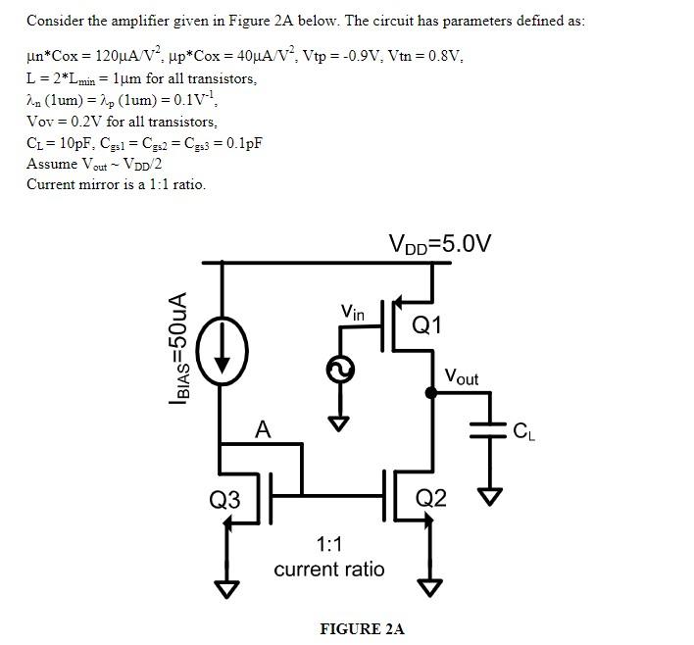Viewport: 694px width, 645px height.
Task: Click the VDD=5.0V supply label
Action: [439, 242]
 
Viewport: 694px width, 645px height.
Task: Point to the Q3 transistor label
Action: [224, 500]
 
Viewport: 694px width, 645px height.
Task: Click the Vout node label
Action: [462, 375]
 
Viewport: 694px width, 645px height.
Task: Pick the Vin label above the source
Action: [353, 313]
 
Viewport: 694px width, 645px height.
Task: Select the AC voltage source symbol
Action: [340, 369]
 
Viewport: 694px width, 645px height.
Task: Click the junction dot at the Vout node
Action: [429, 393]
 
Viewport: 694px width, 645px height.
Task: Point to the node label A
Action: [262, 427]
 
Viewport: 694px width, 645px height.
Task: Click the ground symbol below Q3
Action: [226, 588]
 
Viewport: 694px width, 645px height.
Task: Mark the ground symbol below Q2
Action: [429, 587]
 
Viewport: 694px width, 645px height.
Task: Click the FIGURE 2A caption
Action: [362, 628]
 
